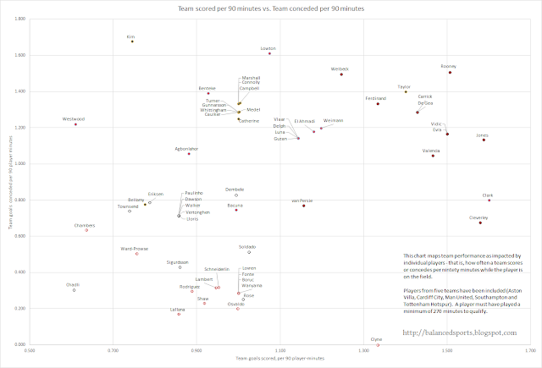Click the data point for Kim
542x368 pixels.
click(x=132, y=41)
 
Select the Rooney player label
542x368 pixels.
click(x=450, y=66)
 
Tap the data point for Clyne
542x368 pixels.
click(x=378, y=345)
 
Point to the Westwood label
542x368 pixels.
click(x=74, y=118)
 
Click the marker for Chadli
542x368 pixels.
click(x=75, y=290)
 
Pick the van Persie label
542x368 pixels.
click(x=302, y=200)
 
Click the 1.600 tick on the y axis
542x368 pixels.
click(x=21, y=55)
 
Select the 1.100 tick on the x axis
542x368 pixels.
click(x=280, y=350)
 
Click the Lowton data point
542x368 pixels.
click(x=269, y=53)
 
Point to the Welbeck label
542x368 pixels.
click(x=340, y=68)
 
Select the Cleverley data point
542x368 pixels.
click(x=480, y=222)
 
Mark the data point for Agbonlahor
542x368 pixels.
click(x=189, y=154)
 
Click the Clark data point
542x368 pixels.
click(x=489, y=200)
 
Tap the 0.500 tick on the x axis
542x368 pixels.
click(x=30, y=350)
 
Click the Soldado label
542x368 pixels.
click(x=247, y=246)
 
